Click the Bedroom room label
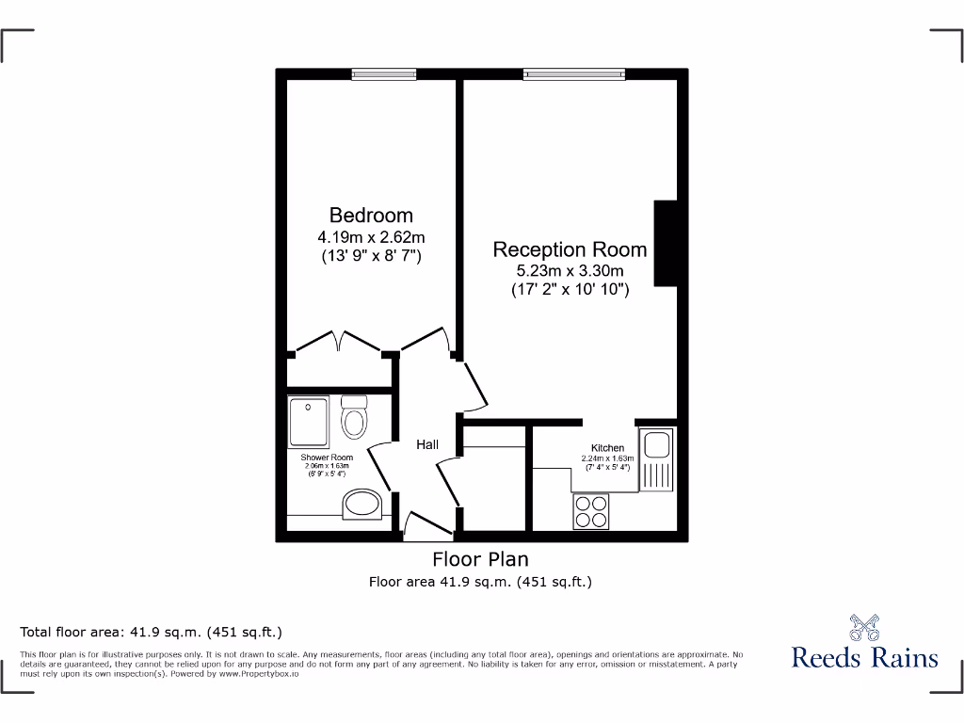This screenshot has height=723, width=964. pos(371,216)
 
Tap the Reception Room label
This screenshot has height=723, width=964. pos(570,249)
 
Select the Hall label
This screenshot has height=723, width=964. pos(427,444)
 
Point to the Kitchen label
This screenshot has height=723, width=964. pos(607,447)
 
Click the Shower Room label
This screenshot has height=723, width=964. pos(327,458)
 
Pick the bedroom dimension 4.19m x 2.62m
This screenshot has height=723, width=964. pos(371,236)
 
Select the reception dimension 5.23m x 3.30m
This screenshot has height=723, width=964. pos(570,271)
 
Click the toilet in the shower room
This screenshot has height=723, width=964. pos(354,416)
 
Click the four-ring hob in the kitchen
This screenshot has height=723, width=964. pos(590,510)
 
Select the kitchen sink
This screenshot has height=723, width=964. pos(655,459)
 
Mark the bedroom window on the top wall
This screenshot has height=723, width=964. pos(384,73)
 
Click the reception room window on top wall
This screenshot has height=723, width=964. pos(574,73)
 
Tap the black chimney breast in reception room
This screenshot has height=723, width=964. pos(666,243)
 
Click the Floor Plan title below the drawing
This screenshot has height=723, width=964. pos(480,559)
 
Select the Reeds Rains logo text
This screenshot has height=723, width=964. pos(865,656)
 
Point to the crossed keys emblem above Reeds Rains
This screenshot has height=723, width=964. pos(865,626)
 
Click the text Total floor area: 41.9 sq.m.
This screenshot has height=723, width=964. pos(152,632)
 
